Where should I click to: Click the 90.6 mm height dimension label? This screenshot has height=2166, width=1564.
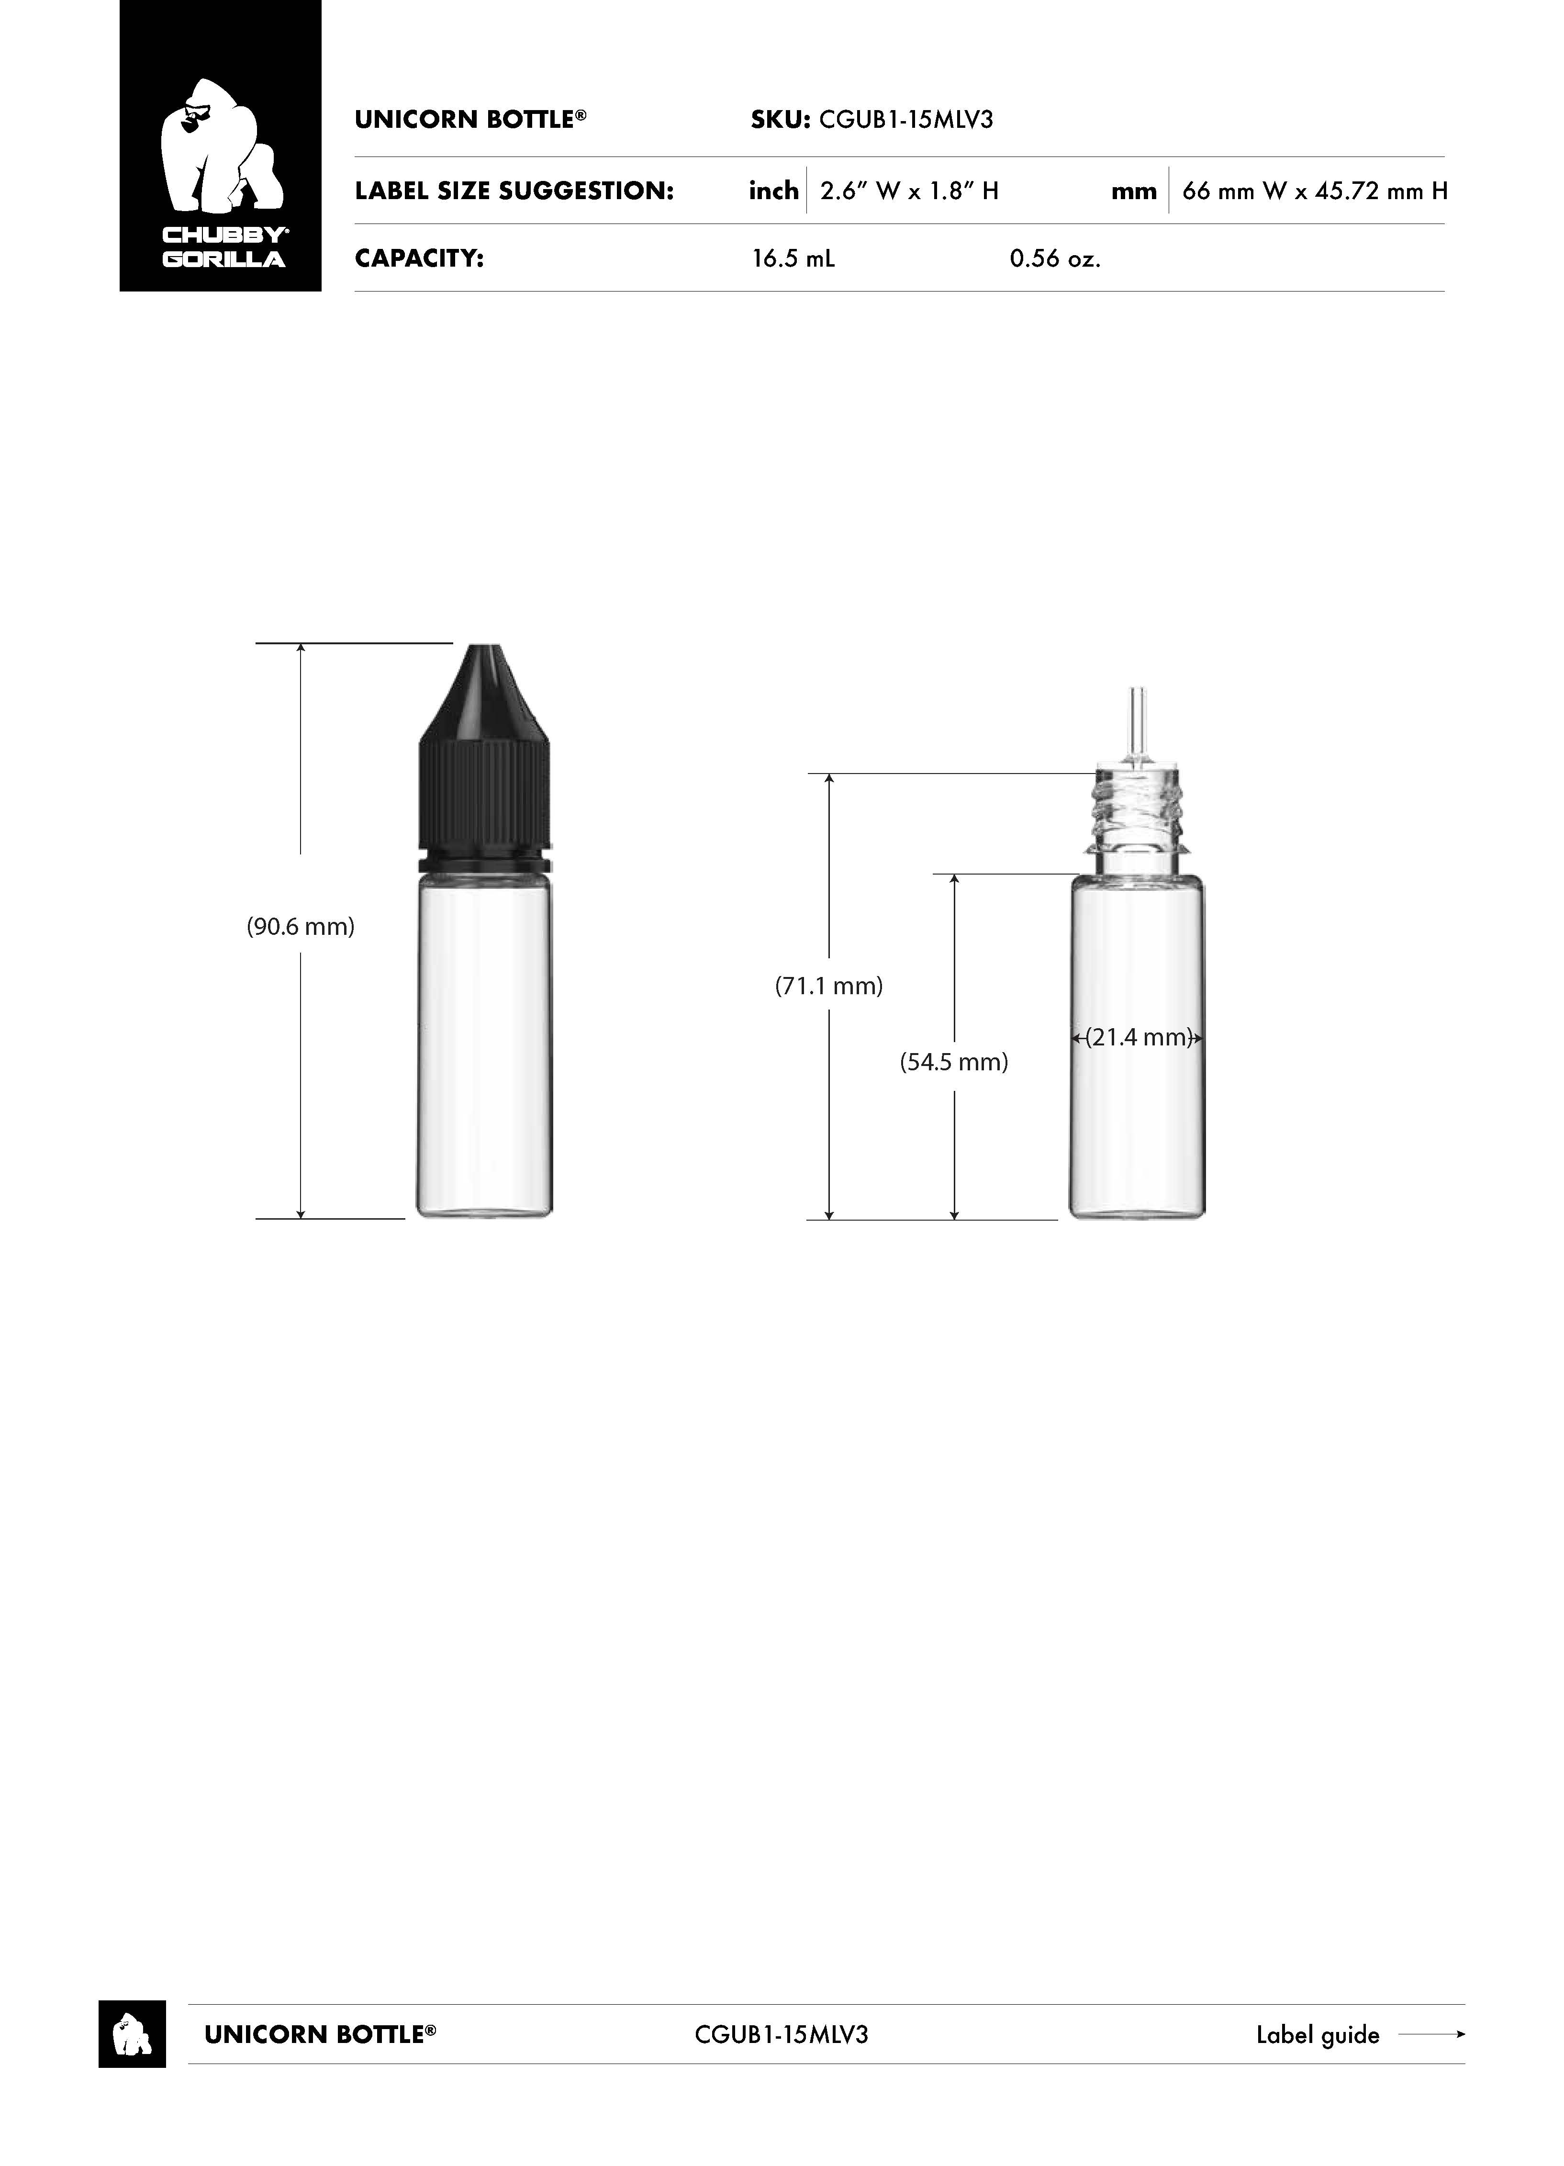coord(301,926)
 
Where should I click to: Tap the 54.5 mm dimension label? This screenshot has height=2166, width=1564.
coord(954,1062)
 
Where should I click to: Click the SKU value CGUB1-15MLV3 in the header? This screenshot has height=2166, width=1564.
coord(906,119)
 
